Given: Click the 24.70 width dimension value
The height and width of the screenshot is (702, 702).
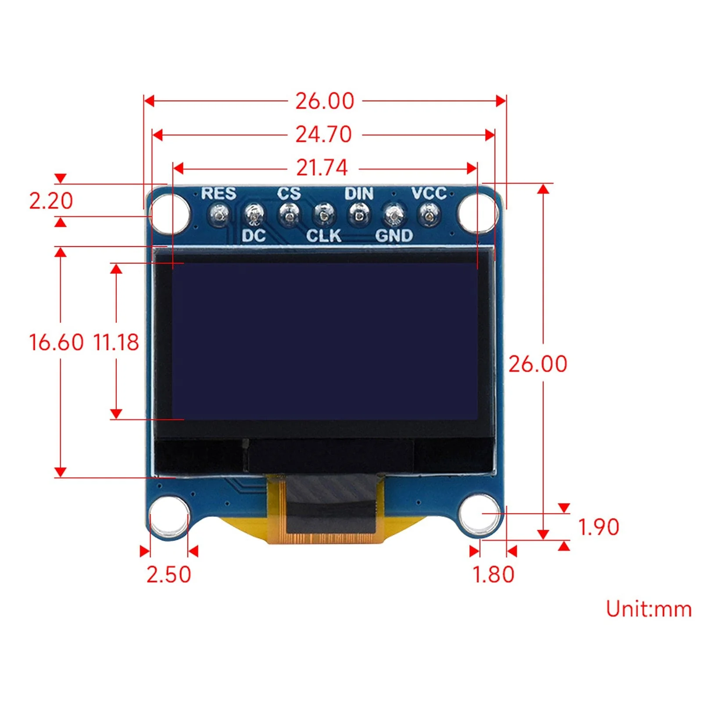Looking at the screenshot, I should click(323, 134).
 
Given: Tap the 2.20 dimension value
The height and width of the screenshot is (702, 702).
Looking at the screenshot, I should click(51, 201).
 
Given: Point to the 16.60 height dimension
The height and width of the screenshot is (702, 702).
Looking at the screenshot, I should click(56, 342).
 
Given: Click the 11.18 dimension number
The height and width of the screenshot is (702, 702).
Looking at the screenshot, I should click(116, 342).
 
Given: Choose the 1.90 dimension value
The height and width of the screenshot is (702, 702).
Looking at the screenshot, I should click(598, 527).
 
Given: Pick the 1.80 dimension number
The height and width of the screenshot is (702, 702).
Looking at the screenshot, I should click(493, 574).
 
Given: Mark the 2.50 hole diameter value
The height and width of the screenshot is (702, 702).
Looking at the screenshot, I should click(168, 574).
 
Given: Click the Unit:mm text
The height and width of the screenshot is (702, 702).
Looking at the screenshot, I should click(648, 609).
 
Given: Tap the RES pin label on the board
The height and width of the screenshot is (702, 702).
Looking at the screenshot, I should click(218, 193).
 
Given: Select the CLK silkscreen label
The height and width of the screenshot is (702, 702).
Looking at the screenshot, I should click(323, 236).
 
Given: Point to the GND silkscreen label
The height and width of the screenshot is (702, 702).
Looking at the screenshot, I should click(394, 236).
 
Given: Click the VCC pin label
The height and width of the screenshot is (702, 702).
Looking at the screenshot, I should click(428, 193).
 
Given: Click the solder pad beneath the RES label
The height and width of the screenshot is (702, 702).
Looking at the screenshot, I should click(219, 215).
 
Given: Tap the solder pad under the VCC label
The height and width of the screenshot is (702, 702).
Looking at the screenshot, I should click(428, 215).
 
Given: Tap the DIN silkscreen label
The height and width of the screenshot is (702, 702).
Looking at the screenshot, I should click(358, 193).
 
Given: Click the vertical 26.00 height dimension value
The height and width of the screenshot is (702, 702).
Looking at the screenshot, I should click(537, 364).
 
